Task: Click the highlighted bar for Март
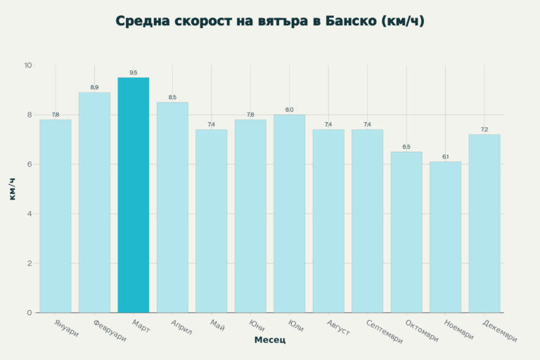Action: [x=133, y=195]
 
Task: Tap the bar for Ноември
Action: [x=445, y=237]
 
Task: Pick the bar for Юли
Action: [x=289, y=214]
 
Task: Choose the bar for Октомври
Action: [x=406, y=232]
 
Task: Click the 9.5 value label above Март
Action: [x=133, y=72]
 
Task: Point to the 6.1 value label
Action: [x=445, y=157]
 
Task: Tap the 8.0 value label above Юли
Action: [x=289, y=110]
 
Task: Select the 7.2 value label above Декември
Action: [x=484, y=129]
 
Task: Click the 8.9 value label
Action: [x=94, y=87]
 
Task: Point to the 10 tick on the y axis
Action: [x=28, y=65]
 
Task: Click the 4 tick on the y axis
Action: [x=30, y=214]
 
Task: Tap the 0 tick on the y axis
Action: [x=30, y=313]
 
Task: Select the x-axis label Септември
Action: [x=385, y=330]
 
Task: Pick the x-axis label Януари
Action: [x=66, y=327]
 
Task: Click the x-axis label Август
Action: [x=338, y=327]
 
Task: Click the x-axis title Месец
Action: [x=270, y=341]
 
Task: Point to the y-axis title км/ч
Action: [x=13, y=189]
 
